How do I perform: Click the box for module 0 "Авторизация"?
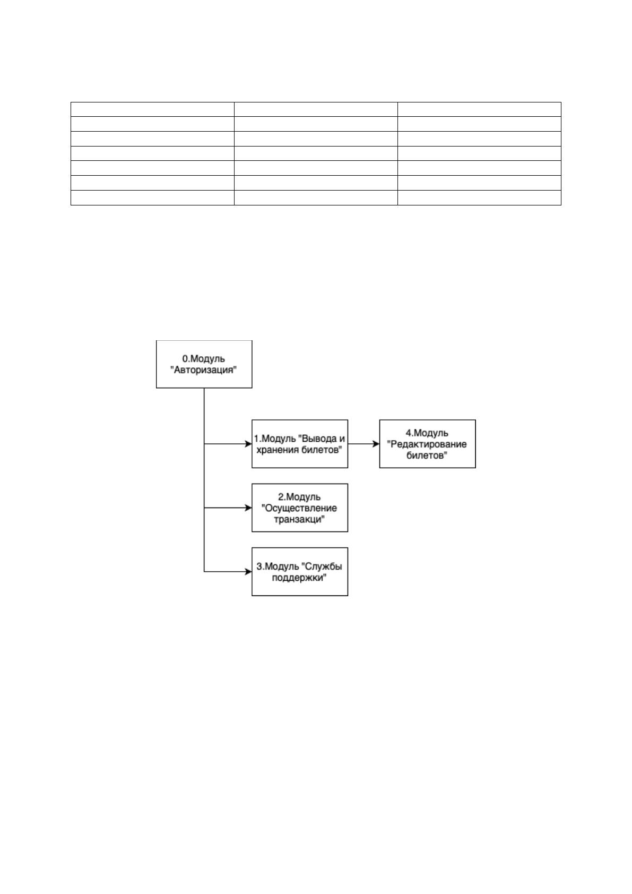coord(204,364)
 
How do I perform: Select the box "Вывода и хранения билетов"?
coord(300,444)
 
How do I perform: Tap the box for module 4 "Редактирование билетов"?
coord(427,444)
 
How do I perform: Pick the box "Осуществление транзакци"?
coord(300,508)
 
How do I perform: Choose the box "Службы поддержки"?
coord(300,572)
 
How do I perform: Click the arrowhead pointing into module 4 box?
coord(376,444)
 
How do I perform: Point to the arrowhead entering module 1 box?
coord(248,444)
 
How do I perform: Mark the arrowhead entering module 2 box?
coord(248,508)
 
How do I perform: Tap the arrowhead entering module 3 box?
coord(248,572)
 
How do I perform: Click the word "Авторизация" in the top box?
coord(204,370)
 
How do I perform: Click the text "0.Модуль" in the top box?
coord(203,359)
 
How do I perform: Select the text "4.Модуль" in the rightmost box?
coord(427,433)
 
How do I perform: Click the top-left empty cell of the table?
coord(152,109)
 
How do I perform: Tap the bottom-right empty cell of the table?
coord(479,198)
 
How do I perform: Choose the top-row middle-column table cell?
coord(316,109)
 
